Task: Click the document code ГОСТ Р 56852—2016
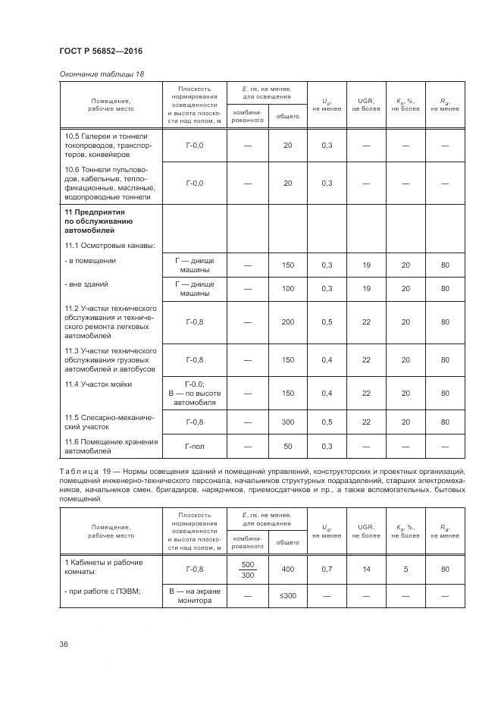tap(100, 51)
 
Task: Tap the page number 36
tap(64, 644)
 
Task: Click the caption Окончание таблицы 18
tap(101, 74)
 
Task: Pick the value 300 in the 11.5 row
tap(287, 422)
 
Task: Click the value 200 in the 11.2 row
tap(287, 322)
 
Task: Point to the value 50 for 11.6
tap(287, 447)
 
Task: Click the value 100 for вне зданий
tap(287, 289)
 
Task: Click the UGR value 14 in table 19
tap(366, 569)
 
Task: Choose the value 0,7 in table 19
tap(327, 569)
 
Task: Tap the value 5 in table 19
tap(405, 569)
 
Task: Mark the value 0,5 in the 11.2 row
tap(327, 322)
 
